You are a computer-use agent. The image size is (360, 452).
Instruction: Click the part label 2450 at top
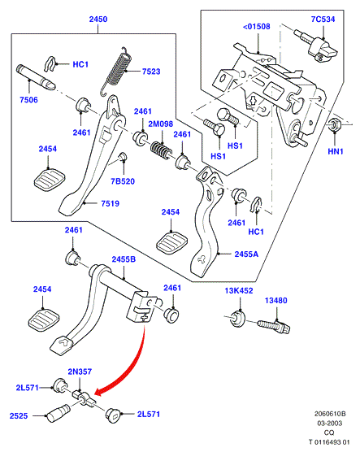tap(98, 20)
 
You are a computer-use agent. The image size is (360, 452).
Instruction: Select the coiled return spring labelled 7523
tap(117, 71)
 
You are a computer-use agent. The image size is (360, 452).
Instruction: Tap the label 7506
tap(28, 100)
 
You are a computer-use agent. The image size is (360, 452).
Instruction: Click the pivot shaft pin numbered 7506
tap(35, 76)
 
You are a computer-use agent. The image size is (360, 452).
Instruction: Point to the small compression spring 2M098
tap(162, 150)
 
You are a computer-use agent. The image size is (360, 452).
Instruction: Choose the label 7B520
tap(123, 181)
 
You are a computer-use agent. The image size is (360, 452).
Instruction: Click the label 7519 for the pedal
tap(110, 203)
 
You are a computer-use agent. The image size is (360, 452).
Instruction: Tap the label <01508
tap(256, 27)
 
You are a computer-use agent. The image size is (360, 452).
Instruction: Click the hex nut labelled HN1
tap(335, 125)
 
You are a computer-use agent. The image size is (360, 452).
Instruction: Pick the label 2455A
tap(246, 254)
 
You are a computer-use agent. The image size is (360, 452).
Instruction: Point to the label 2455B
tap(124, 259)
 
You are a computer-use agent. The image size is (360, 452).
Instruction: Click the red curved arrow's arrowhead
tap(100, 391)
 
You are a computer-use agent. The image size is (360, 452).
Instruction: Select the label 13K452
tap(239, 291)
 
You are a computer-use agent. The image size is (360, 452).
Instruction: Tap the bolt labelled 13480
tap(273, 326)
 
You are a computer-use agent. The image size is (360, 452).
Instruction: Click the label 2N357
tap(80, 372)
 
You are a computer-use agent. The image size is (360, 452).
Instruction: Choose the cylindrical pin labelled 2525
tap(58, 414)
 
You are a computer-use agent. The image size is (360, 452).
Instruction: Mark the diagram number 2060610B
tap(330, 414)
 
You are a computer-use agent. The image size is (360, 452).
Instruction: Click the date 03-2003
tap(330, 424)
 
